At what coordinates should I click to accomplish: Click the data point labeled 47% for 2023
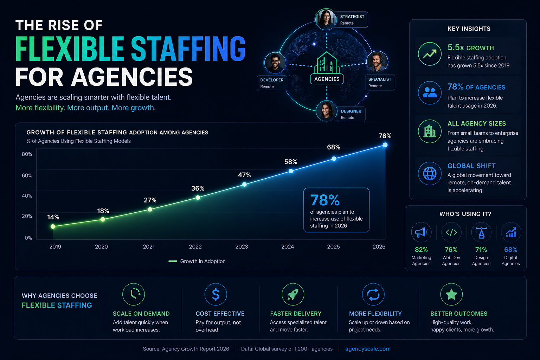(244, 184)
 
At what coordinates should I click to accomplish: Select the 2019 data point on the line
(53, 226)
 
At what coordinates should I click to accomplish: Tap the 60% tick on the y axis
(27, 175)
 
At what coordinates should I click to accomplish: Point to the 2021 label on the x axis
(149, 247)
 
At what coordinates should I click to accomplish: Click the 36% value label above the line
(198, 188)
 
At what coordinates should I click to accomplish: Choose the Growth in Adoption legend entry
(197, 261)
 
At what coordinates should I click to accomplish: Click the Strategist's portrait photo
(326, 19)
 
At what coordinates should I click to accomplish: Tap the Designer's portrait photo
(326, 111)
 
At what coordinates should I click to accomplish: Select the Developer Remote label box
(272, 83)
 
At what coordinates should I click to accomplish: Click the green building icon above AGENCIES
(327, 63)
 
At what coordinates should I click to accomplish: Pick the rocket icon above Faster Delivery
(293, 294)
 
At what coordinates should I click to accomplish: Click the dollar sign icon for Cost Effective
(216, 294)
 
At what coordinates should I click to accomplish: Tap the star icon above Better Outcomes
(451, 294)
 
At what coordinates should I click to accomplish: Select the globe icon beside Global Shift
(430, 173)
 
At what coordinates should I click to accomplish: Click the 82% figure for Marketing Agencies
(421, 250)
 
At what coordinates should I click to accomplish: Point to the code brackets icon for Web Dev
(451, 232)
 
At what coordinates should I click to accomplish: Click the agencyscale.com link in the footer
(368, 349)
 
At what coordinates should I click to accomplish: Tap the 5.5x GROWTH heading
(470, 47)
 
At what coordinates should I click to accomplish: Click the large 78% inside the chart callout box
(325, 200)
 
